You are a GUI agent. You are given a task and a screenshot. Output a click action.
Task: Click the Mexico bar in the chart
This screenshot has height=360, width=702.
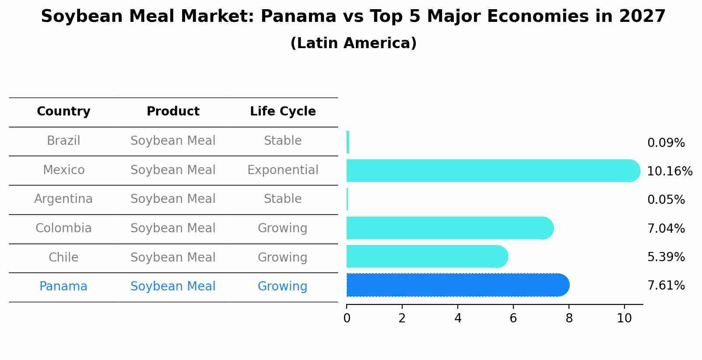(x=490, y=171)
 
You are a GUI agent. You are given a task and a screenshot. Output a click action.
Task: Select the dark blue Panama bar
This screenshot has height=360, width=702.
(x=455, y=285)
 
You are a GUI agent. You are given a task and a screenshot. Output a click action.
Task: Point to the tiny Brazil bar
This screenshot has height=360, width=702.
(x=348, y=142)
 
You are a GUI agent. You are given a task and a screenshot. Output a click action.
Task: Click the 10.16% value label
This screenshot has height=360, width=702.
(x=669, y=171)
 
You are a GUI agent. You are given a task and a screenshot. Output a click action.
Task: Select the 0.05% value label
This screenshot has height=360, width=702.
(x=666, y=200)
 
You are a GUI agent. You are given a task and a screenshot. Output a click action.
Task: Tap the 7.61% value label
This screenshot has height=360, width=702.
(x=666, y=286)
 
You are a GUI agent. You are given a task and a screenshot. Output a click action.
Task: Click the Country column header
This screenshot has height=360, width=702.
(x=63, y=112)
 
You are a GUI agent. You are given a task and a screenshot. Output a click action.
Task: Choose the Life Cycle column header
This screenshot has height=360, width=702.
(x=283, y=112)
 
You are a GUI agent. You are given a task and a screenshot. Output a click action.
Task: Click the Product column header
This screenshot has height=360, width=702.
(x=173, y=112)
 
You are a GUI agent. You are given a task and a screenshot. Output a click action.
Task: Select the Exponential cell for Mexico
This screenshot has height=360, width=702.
(x=283, y=170)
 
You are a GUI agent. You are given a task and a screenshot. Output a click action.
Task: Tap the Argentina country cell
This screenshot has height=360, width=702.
(x=63, y=199)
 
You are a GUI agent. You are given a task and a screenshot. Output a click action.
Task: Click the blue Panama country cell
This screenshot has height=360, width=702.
(x=63, y=287)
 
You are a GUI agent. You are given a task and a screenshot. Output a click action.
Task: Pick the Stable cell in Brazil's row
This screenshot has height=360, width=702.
(x=283, y=141)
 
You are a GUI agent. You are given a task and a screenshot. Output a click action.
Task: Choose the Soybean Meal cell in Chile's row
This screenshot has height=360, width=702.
(x=173, y=258)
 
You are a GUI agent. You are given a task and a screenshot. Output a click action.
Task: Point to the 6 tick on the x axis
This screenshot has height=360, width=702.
(x=513, y=318)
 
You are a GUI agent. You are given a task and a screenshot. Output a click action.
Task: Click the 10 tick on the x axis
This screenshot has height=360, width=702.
(x=624, y=318)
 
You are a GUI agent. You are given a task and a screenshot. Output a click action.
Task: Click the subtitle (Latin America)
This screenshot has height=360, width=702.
(x=353, y=43)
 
